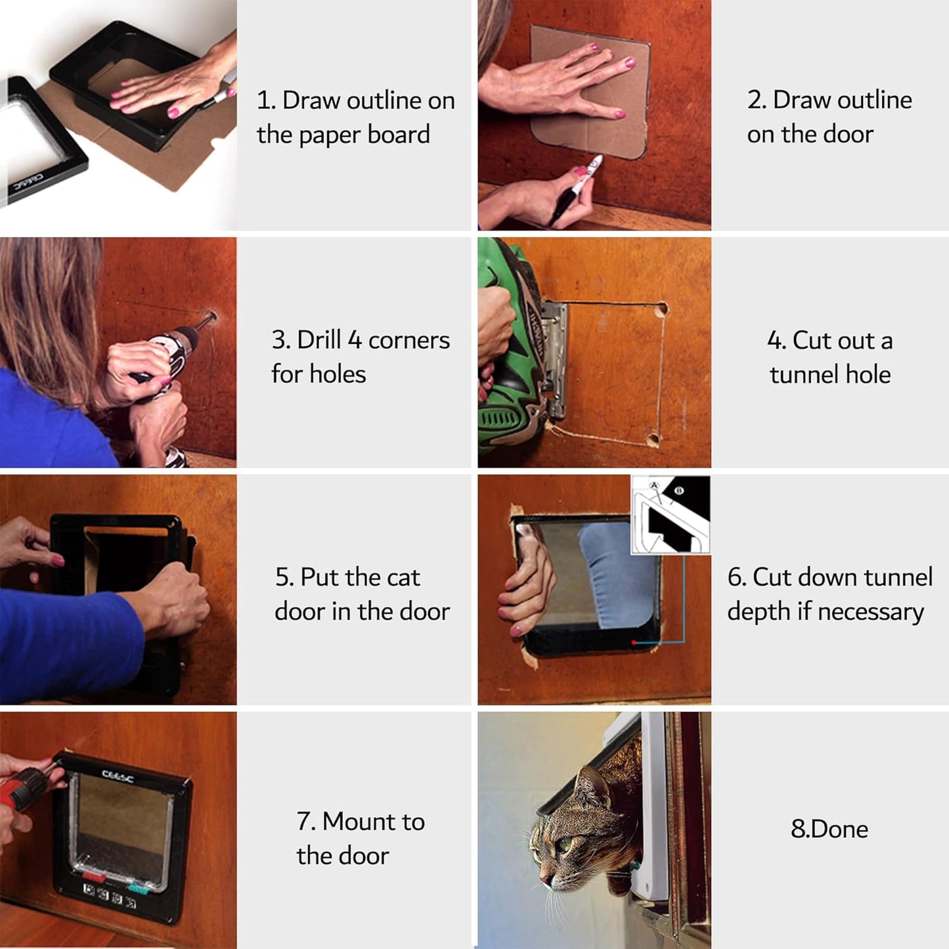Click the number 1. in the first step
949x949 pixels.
(267, 100)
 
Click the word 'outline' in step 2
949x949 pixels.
(874, 100)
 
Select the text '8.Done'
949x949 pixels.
(829, 829)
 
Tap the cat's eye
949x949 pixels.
(563, 844)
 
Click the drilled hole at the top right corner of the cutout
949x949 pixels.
(661, 308)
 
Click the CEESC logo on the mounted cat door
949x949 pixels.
(118, 776)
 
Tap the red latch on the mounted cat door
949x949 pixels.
(94, 876)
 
